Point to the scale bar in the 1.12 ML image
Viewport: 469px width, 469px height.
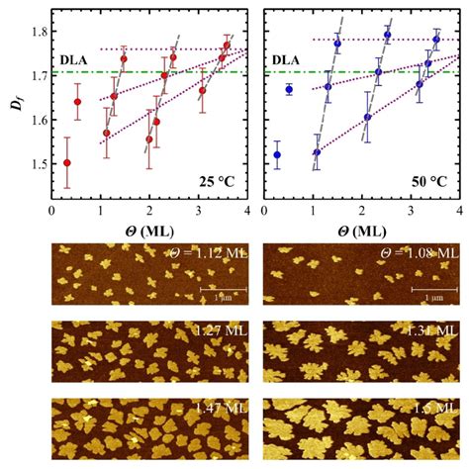pyautogui.click(x=217, y=288)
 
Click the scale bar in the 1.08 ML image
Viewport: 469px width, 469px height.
pyautogui.click(x=427, y=288)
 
